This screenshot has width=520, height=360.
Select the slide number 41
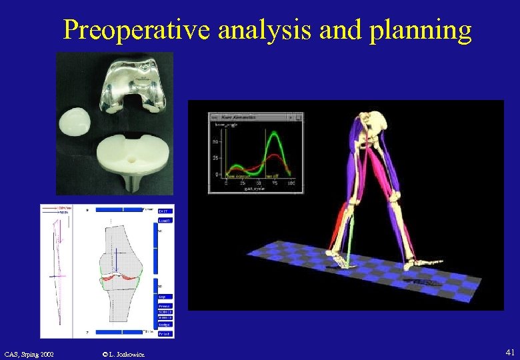[510, 351]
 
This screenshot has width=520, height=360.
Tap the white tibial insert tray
[137, 153]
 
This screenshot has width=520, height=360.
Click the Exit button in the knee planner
[165, 211]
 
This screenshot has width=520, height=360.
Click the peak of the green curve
[273, 135]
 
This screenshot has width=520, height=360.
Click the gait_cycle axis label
[254, 188]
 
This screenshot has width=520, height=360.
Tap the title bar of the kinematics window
[255, 117]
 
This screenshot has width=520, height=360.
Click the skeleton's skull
[379, 121]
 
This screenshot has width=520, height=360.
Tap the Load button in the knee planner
[165, 219]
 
